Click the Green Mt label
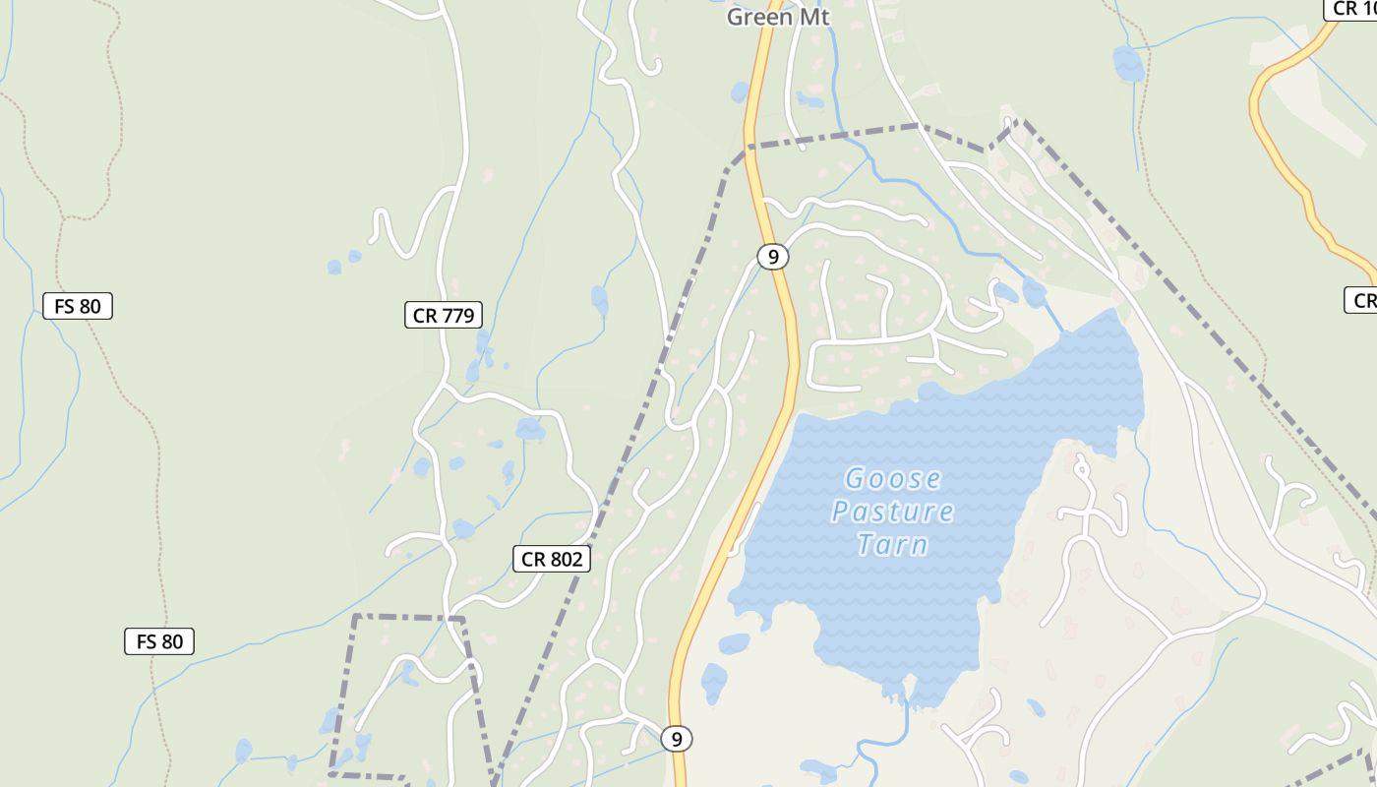point(778,17)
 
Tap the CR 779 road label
point(444,316)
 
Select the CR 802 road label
point(552,560)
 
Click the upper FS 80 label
point(78,306)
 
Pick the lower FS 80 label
point(159,642)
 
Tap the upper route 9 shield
point(773,257)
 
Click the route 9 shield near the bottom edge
point(676,739)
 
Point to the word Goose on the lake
point(893,479)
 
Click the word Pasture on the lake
point(893,512)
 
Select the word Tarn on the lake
point(892,544)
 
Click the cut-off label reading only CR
point(1362,301)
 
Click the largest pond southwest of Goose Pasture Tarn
point(714,682)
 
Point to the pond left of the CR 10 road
point(1128,64)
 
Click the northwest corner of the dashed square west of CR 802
point(354,617)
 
